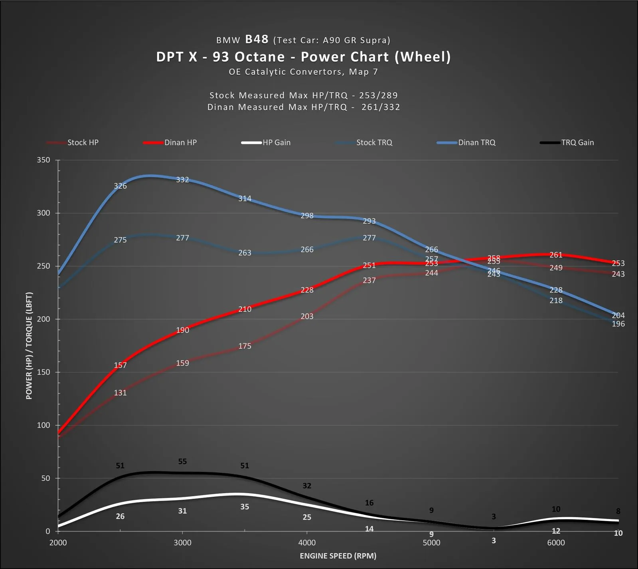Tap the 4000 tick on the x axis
(307, 543)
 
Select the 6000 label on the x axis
(556, 543)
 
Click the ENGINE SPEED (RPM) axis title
(338, 556)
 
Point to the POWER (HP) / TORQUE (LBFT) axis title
(29, 346)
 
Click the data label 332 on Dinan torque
(182, 180)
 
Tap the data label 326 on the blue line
(120, 186)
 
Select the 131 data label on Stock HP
(120, 393)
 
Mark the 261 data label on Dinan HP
(556, 255)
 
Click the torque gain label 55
(182, 461)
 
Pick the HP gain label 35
(245, 507)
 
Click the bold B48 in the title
(257, 39)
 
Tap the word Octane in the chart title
(260, 57)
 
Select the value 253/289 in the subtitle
(378, 95)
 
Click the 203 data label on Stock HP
(307, 316)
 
